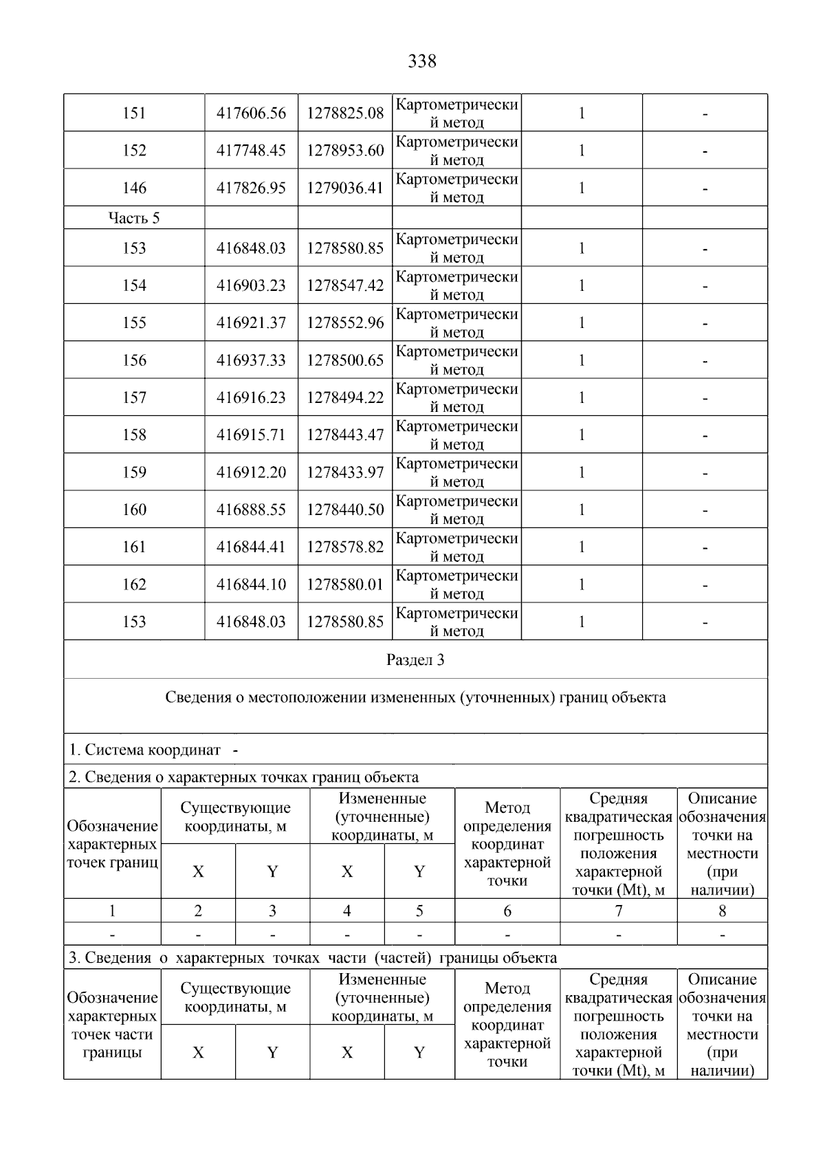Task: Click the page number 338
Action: coord(421,61)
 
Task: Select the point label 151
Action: coord(134,113)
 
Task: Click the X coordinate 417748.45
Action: coord(251,151)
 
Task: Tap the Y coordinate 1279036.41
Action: coord(345,188)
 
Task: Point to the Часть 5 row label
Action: coord(134,218)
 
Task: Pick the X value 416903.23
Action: coord(251,285)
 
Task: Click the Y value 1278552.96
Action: coord(345,323)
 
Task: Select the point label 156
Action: coord(134,360)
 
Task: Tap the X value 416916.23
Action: coord(251,397)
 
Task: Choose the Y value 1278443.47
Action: coord(345,435)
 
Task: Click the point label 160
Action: coord(134,510)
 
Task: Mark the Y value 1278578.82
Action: coord(345,547)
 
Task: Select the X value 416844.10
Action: coord(251,585)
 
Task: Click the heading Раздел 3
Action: coord(415,660)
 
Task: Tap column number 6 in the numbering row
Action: coord(507,911)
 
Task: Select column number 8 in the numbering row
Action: coord(722,911)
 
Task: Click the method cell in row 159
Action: coord(456,472)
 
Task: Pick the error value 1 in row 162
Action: coord(582,585)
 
